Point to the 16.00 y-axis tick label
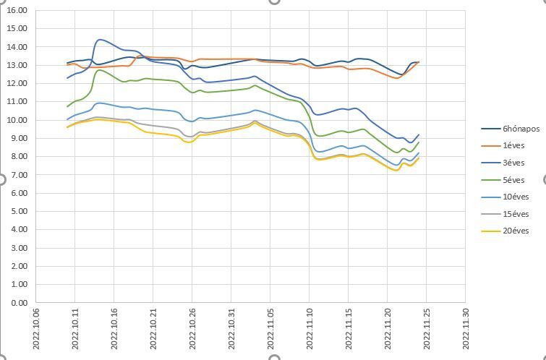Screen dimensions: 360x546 (16, 11)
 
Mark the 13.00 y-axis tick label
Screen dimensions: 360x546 (16, 65)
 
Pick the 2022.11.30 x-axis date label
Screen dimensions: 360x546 (465, 330)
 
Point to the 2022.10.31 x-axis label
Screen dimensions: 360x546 (230, 330)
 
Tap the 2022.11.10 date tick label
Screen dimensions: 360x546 (309, 330)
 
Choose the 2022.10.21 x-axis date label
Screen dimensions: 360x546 (152, 330)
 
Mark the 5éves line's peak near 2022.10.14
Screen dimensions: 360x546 (99, 70)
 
